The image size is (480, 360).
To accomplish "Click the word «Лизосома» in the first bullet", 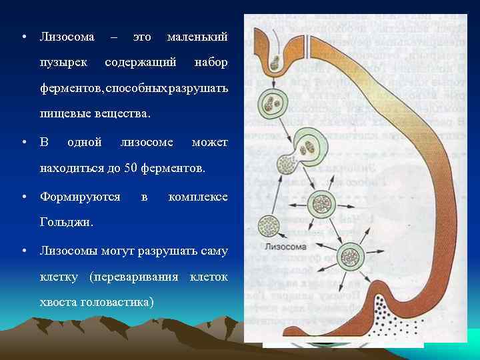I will [67, 35].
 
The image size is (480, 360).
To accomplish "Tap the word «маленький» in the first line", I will [197, 35].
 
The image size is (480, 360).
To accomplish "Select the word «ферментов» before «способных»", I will [69, 89].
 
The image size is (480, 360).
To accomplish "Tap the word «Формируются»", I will [80, 197].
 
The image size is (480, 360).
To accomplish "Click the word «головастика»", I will [117, 302].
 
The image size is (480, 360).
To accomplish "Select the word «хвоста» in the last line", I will [57, 302].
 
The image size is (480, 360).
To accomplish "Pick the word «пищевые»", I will [63, 114].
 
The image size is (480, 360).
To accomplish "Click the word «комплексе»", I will [198, 197].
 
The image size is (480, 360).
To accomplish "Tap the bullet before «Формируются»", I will [24, 197].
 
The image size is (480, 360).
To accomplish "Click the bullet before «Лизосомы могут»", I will [24, 251].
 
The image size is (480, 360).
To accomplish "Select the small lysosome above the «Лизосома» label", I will [268, 225].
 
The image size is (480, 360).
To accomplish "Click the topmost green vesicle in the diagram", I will [271, 103].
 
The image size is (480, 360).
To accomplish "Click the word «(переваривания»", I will [137, 276].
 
